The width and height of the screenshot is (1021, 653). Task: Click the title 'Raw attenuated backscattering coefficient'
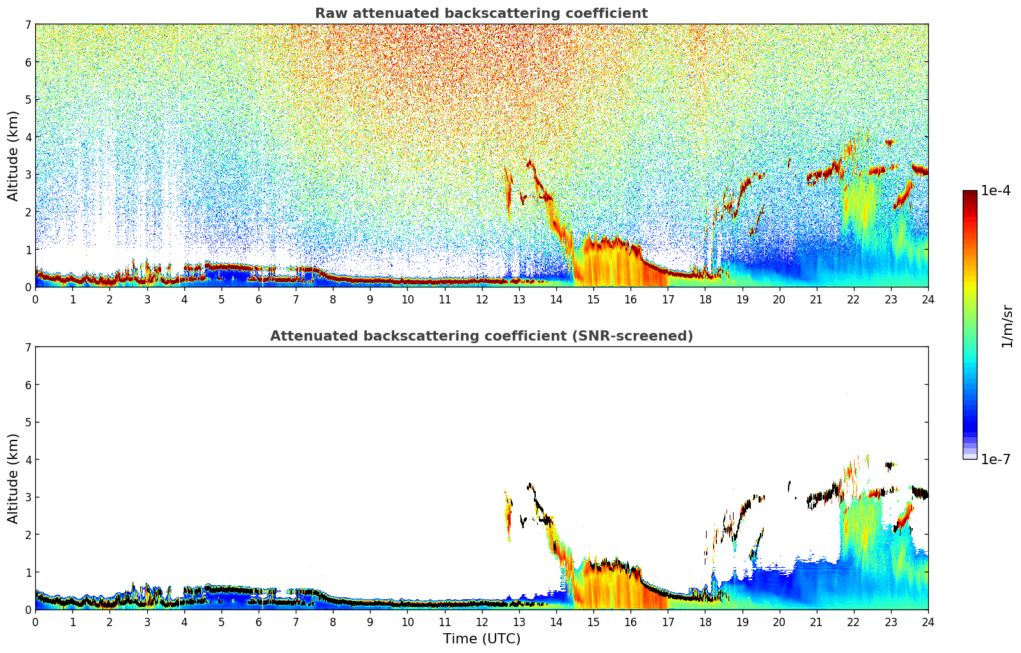(481, 13)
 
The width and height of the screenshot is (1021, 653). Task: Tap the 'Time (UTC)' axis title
(481, 639)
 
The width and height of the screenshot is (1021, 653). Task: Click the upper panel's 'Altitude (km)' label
(13, 156)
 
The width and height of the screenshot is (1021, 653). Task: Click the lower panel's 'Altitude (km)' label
(13, 478)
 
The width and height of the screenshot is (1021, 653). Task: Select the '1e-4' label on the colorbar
(995, 191)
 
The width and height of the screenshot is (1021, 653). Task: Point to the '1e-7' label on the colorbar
(995, 459)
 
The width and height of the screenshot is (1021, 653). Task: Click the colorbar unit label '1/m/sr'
(1007, 325)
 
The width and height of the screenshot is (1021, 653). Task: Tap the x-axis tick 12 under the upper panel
(481, 299)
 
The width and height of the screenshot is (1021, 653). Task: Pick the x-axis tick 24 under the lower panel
(928, 622)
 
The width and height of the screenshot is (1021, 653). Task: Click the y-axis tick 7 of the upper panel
(28, 25)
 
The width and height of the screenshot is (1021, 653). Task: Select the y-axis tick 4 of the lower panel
(28, 460)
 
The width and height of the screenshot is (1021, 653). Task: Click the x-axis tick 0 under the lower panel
(35, 622)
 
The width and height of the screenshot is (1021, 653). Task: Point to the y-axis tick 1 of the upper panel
(28, 250)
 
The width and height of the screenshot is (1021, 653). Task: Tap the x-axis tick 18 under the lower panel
(705, 622)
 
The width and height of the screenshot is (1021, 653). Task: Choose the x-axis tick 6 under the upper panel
(259, 299)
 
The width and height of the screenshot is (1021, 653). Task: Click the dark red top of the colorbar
(970, 193)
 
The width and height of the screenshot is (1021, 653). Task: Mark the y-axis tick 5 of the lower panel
(28, 423)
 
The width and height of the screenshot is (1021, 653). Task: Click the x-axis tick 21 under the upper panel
(816, 299)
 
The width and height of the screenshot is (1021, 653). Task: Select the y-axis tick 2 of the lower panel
(28, 535)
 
